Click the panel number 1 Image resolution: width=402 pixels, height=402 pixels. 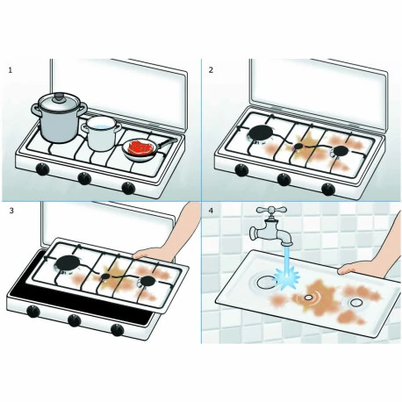11,69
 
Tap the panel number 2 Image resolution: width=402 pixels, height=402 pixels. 211,69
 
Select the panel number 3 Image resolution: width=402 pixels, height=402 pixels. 11,212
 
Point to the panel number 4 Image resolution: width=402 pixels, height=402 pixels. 211,212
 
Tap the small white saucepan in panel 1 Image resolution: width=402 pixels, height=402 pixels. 102,133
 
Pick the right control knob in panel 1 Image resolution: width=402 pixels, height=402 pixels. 130,187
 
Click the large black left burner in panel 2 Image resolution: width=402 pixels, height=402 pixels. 260,133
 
